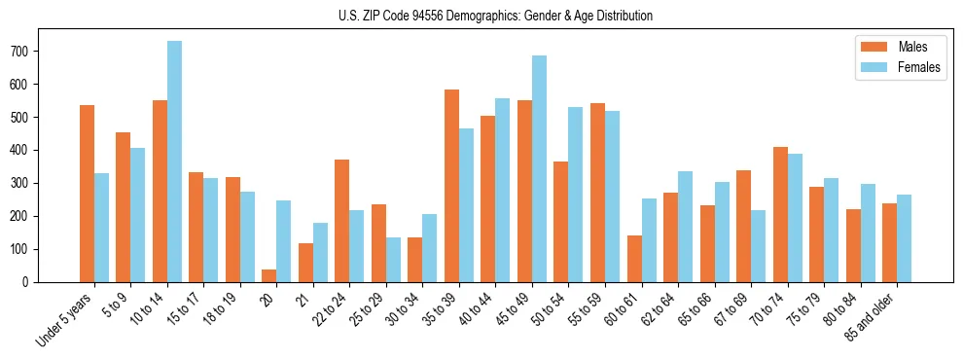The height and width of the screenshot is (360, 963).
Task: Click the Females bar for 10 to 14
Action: pyautogui.click(x=175, y=162)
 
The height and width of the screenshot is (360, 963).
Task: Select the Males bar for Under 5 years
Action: pyautogui.click(x=88, y=194)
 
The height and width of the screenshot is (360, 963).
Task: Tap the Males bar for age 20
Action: pyautogui.click(x=269, y=275)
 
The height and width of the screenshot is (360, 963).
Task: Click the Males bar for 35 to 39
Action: pyautogui.click(x=452, y=186)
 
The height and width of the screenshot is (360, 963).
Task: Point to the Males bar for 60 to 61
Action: pyautogui.click(x=634, y=259)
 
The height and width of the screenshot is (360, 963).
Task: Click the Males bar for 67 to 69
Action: pyautogui.click(x=743, y=226)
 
